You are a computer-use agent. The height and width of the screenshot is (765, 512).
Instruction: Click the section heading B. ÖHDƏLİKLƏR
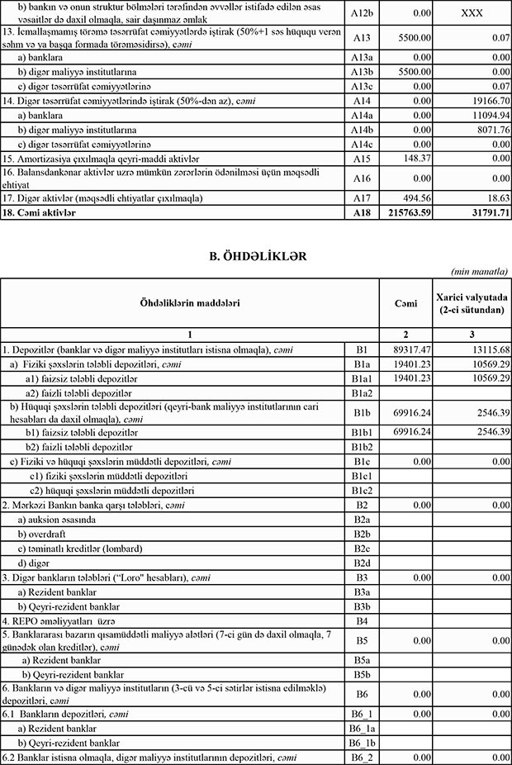[255, 257]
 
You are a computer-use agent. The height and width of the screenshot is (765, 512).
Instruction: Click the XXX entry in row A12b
[472, 12]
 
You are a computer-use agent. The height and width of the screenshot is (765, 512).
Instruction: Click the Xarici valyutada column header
[472, 303]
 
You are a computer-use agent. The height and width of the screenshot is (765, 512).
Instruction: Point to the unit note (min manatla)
[479, 272]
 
